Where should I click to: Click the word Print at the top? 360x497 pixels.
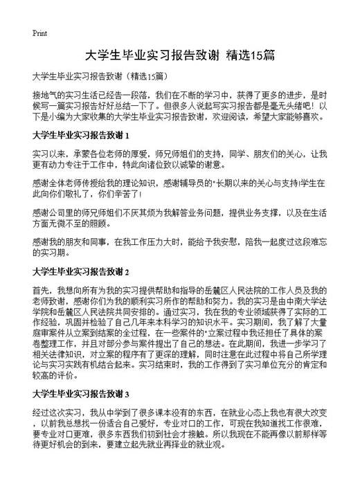(x=39, y=33)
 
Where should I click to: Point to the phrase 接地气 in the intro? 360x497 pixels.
(x=45, y=93)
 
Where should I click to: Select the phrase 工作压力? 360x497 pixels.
(x=154, y=242)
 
